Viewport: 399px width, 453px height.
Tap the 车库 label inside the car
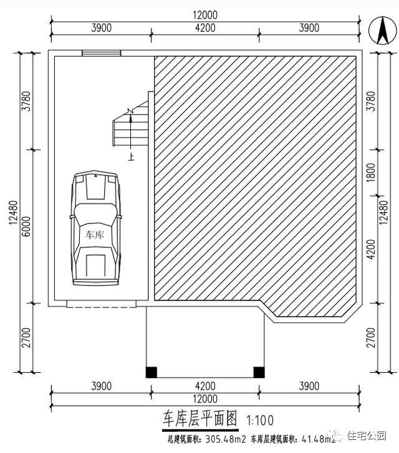point(94,235)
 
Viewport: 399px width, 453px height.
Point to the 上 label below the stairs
point(131,157)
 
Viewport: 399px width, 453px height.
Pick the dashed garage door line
point(101,305)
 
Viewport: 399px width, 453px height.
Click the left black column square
point(151,372)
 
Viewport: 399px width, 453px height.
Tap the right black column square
point(258,372)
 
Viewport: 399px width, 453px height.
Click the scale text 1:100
point(259,421)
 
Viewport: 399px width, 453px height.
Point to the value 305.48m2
point(212,439)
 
